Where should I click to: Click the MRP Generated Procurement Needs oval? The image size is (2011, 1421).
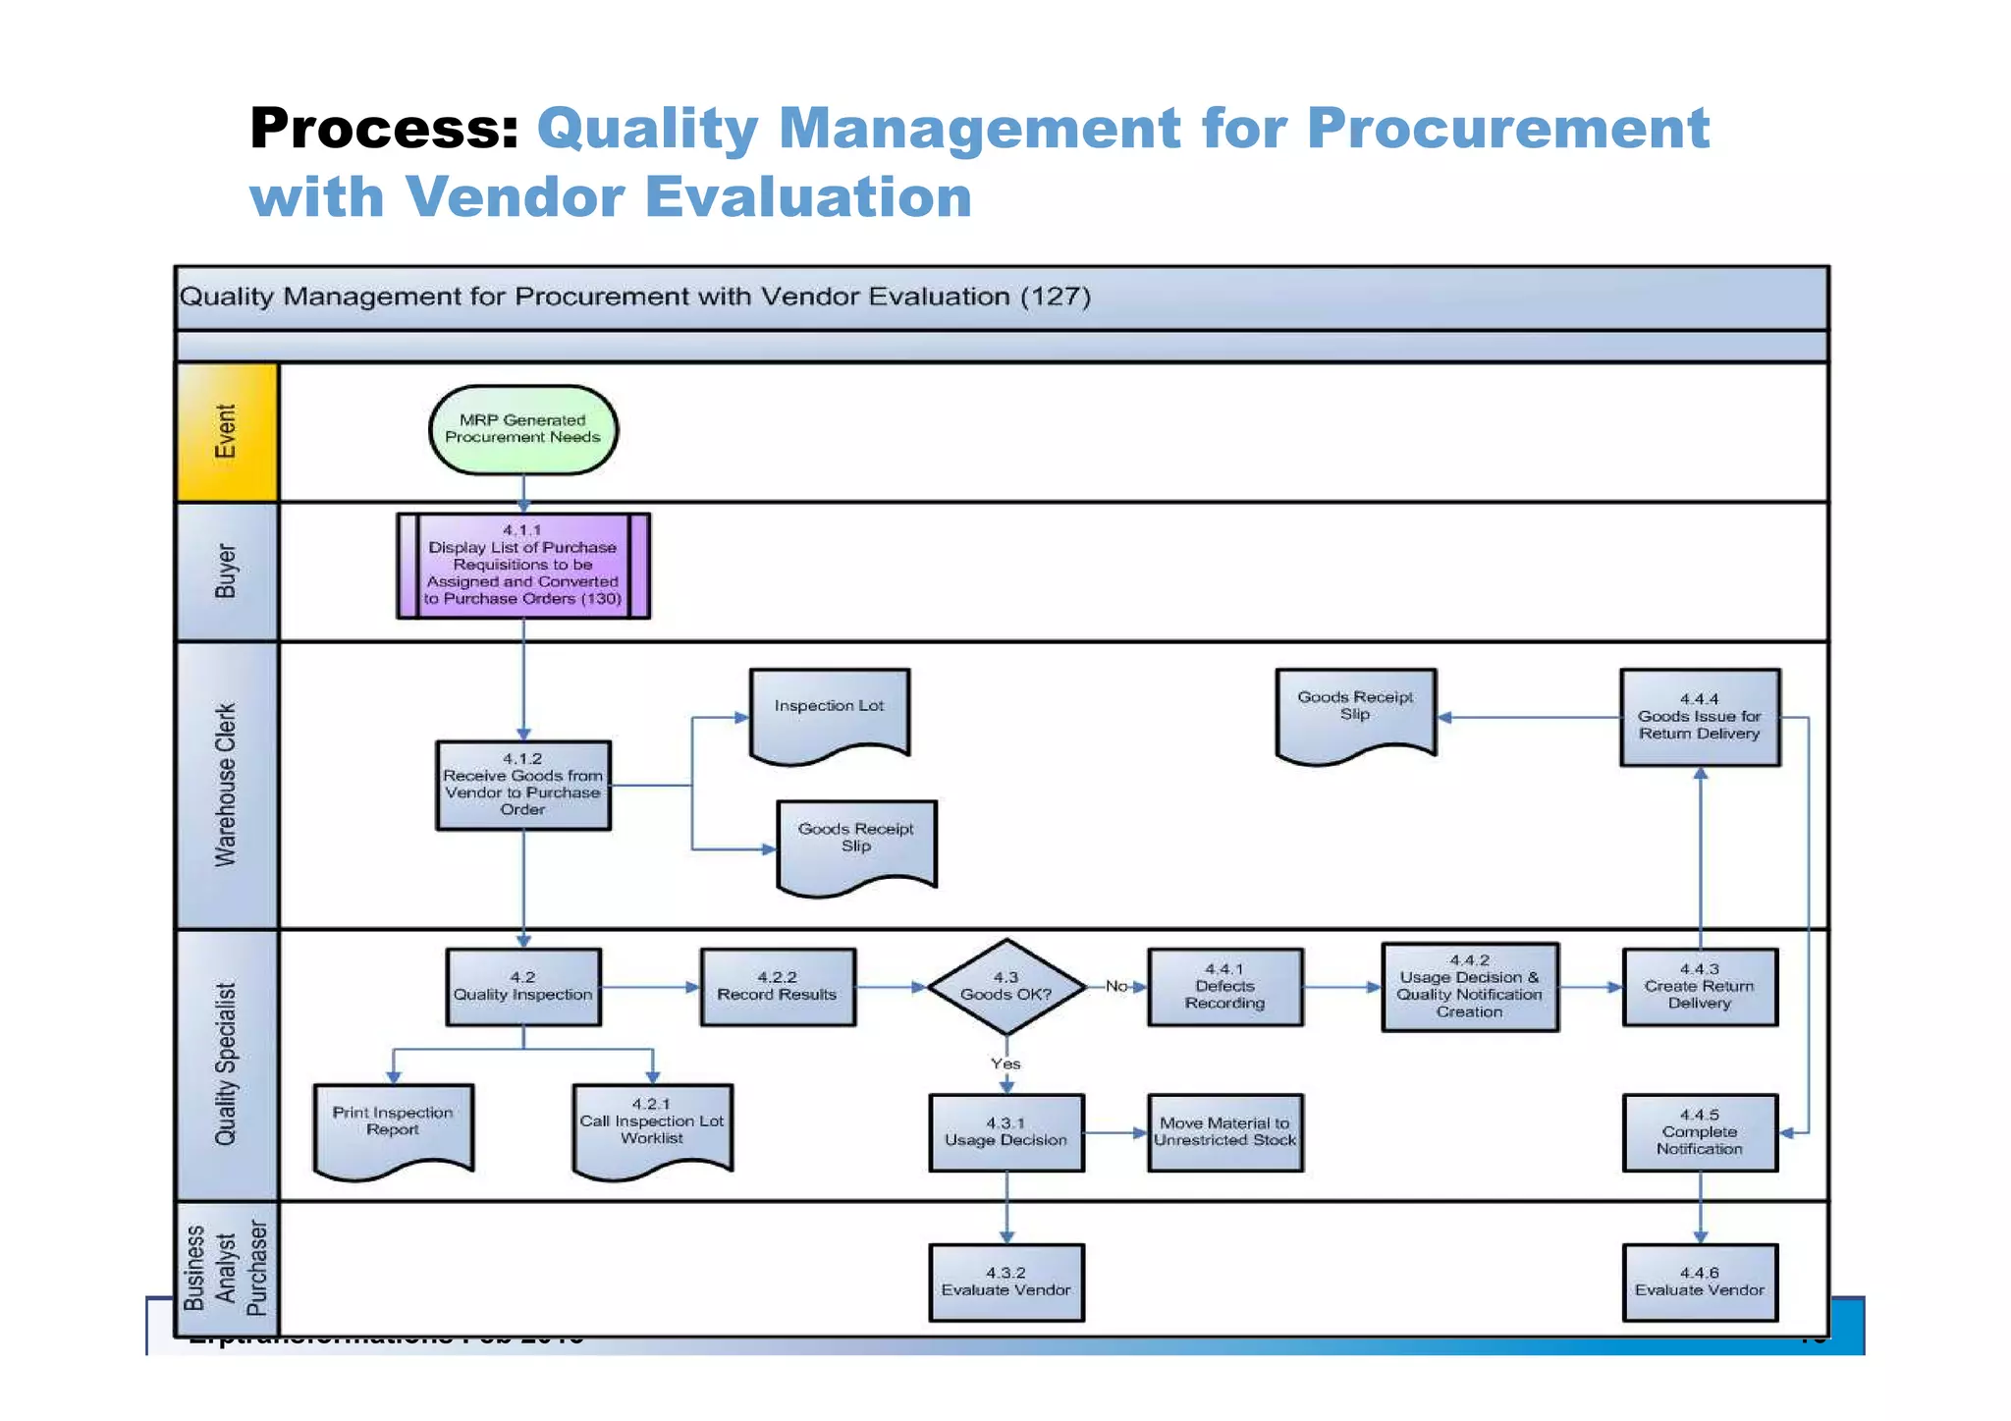click(522, 429)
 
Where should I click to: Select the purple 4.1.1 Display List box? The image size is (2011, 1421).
click(522, 566)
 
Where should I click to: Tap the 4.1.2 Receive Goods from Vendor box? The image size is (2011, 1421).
click(522, 785)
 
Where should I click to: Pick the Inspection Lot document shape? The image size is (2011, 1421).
click(829, 711)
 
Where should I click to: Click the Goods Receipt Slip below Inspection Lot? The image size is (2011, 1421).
click(855, 842)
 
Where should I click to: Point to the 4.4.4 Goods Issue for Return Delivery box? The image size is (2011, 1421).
click(1699, 717)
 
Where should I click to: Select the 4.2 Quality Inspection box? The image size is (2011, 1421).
click(522, 986)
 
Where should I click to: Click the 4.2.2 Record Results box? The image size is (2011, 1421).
click(777, 986)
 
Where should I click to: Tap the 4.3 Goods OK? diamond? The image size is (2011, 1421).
click(1005, 986)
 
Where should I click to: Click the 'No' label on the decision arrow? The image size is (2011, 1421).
click(1115, 986)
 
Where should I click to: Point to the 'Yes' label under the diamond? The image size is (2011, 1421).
click(1005, 1064)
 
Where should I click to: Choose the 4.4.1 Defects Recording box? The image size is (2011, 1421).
click(1224, 986)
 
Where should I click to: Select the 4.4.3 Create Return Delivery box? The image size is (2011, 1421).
click(1699, 986)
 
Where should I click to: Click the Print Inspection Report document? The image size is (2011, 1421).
click(393, 1124)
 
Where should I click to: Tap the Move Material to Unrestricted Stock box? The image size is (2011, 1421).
click(1224, 1131)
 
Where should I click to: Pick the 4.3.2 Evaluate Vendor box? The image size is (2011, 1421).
click(1005, 1282)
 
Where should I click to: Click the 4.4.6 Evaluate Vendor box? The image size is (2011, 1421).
click(1699, 1282)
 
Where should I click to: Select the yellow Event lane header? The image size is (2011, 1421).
click(227, 432)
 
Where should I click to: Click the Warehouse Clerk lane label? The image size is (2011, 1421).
click(227, 785)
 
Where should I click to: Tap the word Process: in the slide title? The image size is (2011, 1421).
click(384, 129)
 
